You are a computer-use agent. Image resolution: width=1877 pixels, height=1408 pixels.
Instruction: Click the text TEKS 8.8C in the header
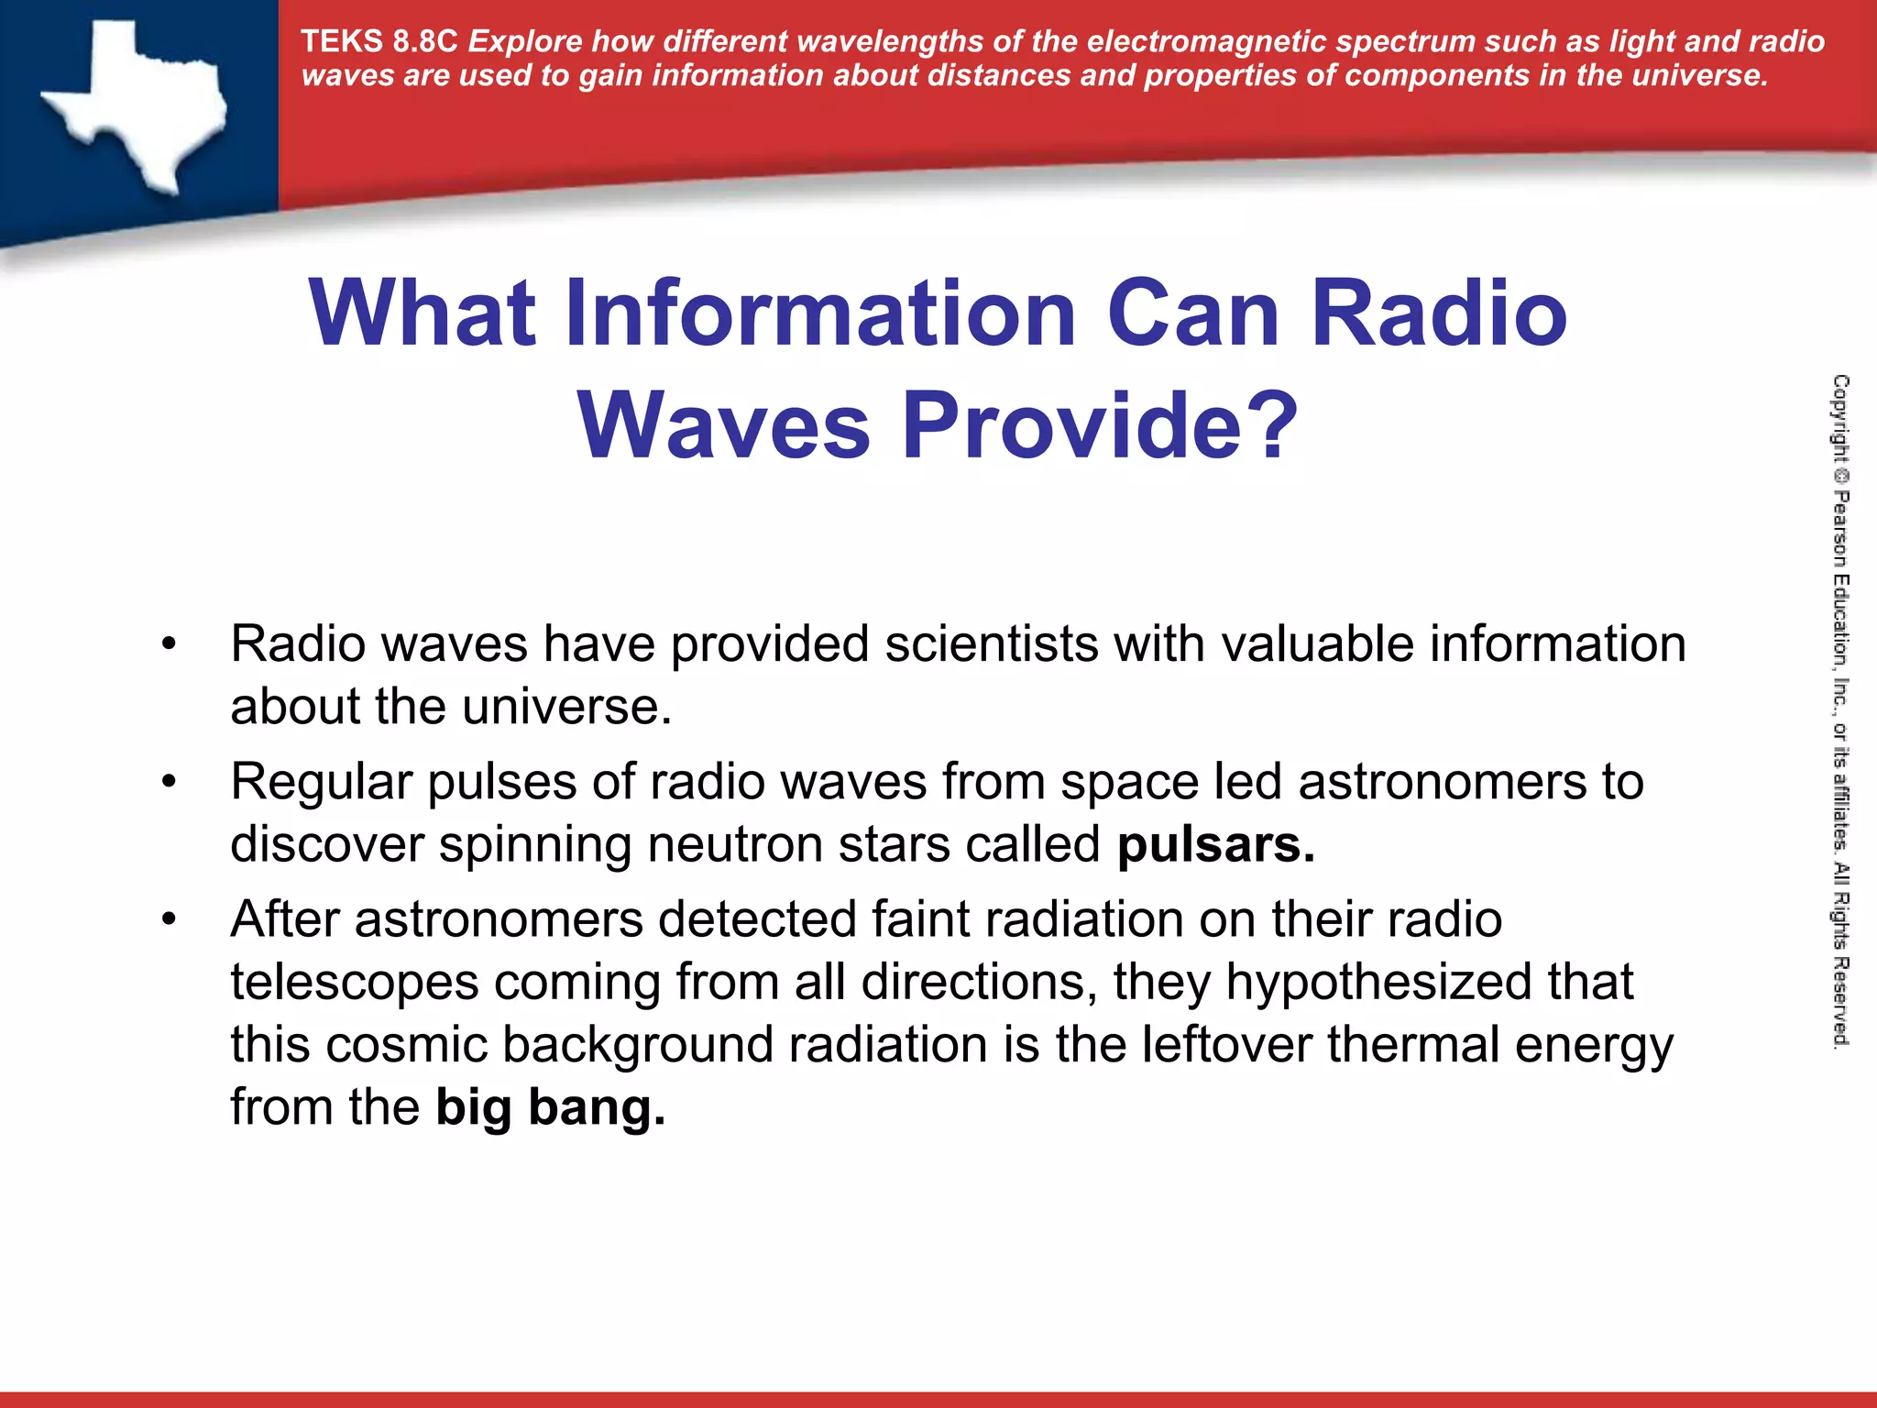[x=379, y=42]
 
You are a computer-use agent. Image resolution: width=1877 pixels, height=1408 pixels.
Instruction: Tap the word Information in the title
[x=820, y=313]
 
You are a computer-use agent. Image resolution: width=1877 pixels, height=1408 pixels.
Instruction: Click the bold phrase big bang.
[x=550, y=1107]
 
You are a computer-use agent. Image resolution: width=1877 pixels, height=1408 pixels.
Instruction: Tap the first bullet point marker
[x=168, y=644]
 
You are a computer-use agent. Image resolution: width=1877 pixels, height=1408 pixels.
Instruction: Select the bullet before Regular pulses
[x=168, y=782]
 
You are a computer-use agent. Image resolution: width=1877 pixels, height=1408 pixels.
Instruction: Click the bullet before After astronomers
[x=168, y=919]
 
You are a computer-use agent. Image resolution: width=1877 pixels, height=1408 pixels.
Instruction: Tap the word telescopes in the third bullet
[x=355, y=983]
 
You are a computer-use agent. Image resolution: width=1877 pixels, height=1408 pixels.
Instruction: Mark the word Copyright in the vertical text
[x=1840, y=418]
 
